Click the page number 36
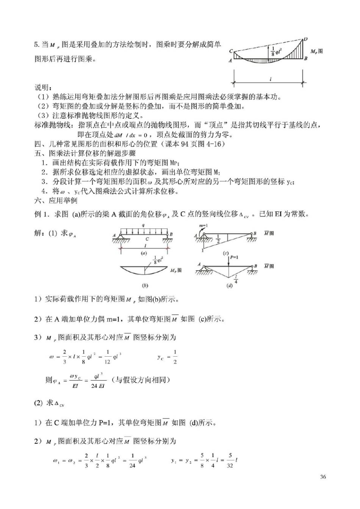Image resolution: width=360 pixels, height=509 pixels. tap(322, 477)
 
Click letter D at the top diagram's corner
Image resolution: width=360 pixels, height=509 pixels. tap(305, 39)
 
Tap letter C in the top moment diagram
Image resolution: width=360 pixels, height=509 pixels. tap(231, 51)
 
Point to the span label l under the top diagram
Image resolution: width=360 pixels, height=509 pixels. tap(270, 79)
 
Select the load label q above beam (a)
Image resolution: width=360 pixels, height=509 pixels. tap(143, 226)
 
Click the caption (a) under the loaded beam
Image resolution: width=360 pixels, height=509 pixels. tap(144, 253)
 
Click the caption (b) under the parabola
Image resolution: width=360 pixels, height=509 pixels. tap(144, 286)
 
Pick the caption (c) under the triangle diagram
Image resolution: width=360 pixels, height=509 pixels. tap(226, 253)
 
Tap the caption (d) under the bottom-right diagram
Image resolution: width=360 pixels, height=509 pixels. tap(229, 286)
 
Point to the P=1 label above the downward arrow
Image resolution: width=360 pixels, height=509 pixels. tap(234, 257)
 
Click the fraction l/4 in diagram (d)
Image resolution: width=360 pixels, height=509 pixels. tap(236, 280)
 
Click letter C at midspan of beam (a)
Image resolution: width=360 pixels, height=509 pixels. tap(147, 239)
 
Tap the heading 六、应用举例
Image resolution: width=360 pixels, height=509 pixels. tap(56, 200)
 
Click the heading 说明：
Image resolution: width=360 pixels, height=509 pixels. tap(44, 88)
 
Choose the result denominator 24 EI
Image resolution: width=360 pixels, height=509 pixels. tap(97, 386)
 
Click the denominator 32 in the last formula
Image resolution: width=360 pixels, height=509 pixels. tap(230, 465)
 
